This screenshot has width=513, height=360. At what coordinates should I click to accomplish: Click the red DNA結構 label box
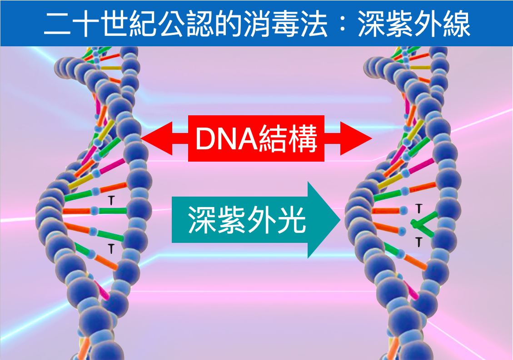[x=256, y=138]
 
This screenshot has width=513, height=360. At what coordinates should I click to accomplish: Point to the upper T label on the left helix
[x=110, y=200]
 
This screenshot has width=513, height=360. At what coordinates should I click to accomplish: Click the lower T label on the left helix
[x=111, y=247]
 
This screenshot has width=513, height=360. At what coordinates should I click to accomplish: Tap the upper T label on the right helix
[x=419, y=208]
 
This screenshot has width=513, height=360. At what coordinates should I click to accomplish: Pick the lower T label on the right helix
[x=419, y=242]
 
